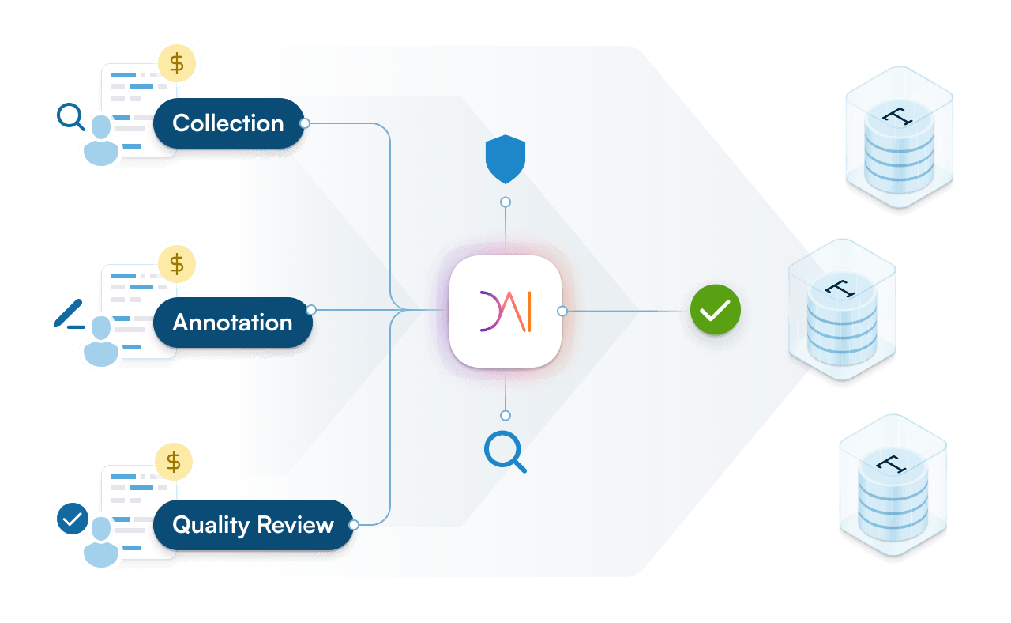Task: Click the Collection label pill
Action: click(227, 123)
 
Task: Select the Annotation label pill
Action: click(232, 323)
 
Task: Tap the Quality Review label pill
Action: click(253, 525)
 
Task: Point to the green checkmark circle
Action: click(716, 311)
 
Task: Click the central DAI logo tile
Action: click(505, 311)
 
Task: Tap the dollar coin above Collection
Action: click(178, 62)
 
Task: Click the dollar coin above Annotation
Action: click(178, 262)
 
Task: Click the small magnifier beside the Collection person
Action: click(70, 118)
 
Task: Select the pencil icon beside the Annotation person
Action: click(70, 314)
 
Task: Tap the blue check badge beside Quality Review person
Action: click(73, 519)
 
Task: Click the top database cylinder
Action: click(899, 138)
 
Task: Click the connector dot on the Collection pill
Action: click(305, 123)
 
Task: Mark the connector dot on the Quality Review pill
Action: click(354, 524)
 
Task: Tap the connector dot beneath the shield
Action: click(505, 202)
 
